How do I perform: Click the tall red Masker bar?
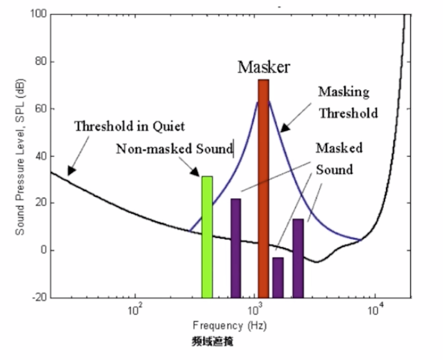point(263,186)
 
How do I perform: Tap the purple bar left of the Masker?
point(236,248)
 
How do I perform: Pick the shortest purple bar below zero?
point(278,277)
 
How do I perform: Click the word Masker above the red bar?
point(264,67)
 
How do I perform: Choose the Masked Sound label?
point(339,159)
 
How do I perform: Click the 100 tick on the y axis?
point(38,14)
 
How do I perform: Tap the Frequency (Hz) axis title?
point(220,325)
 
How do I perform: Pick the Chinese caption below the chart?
point(212,342)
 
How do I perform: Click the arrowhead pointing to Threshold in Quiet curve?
point(70,170)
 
